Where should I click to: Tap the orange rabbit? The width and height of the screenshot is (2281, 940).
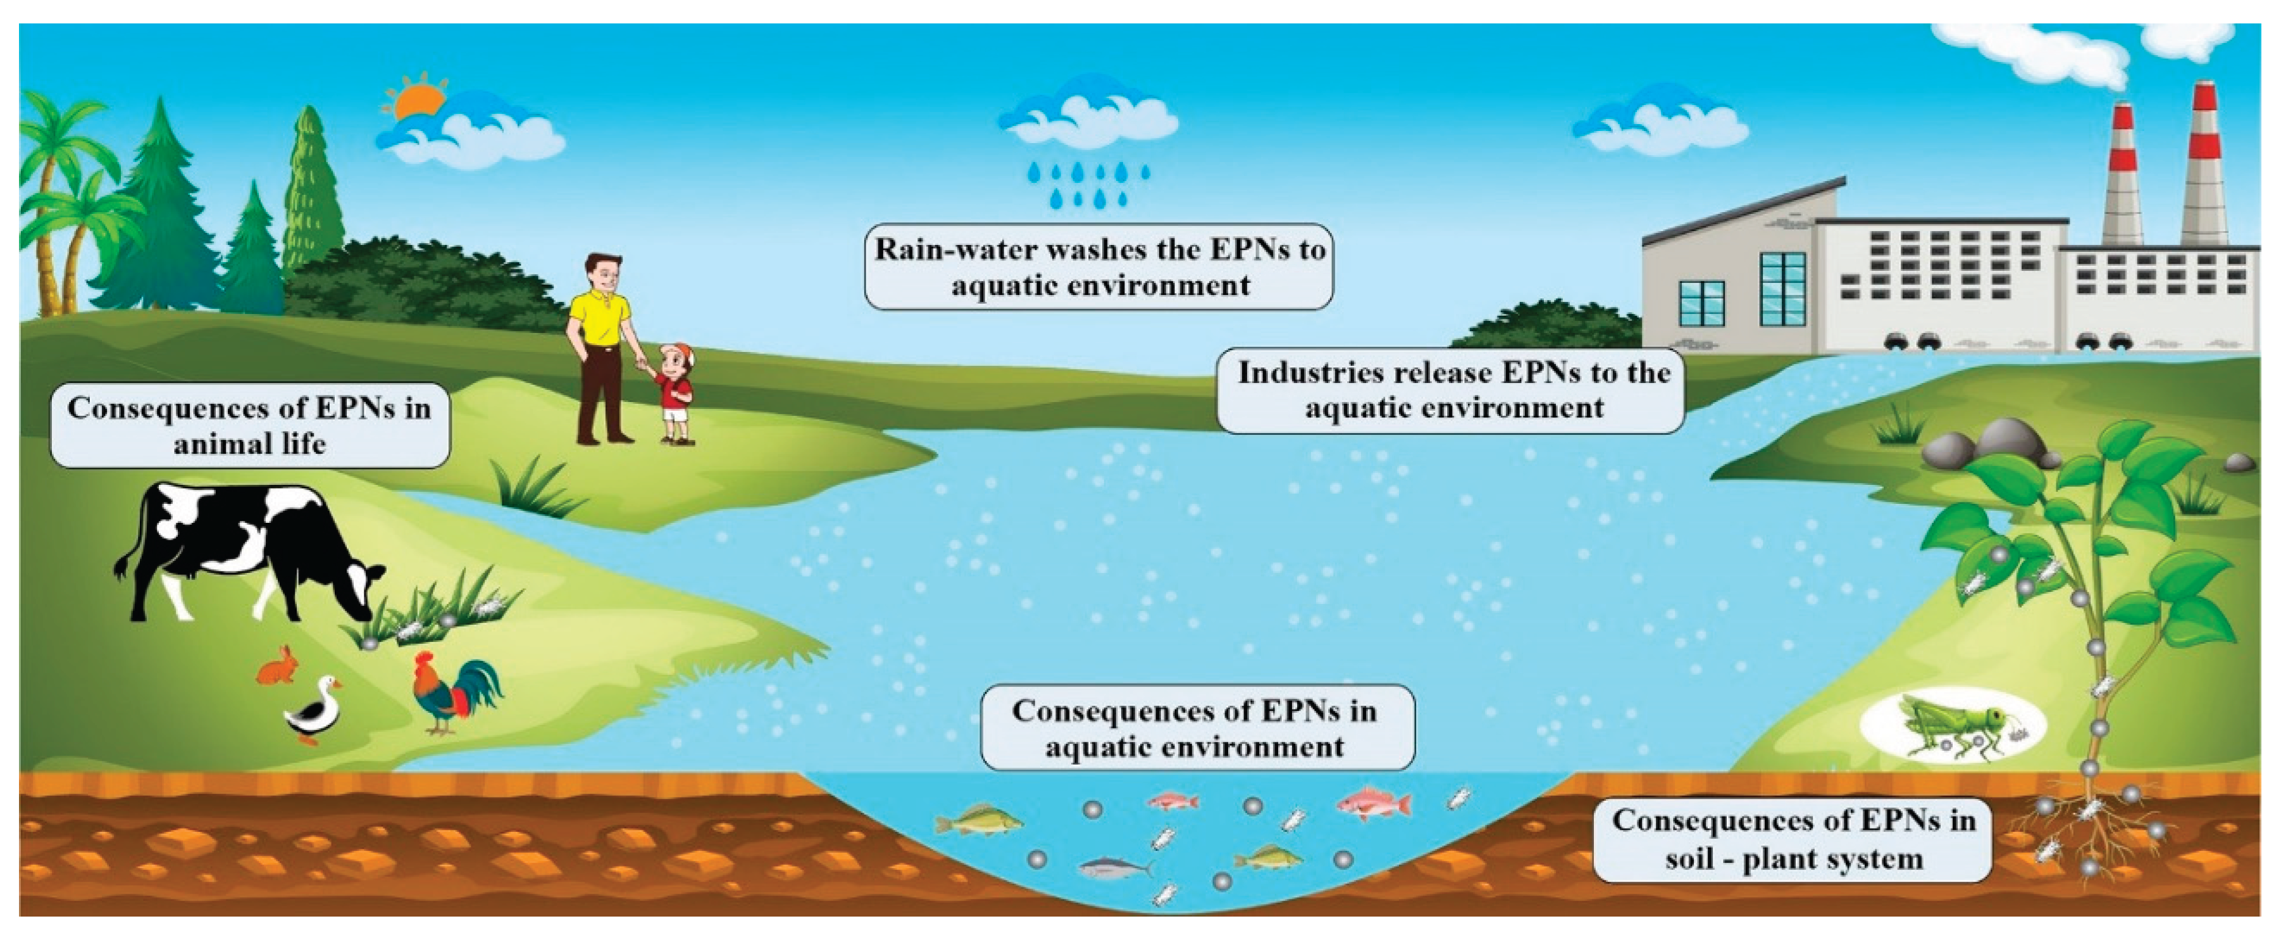point(279,667)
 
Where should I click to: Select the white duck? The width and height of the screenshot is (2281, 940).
point(314,713)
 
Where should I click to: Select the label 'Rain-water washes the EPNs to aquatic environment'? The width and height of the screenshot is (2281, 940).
point(1098,266)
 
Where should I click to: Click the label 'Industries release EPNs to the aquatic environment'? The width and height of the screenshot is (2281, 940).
point(1452,390)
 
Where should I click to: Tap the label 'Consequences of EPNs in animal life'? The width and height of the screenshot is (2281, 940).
point(250,425)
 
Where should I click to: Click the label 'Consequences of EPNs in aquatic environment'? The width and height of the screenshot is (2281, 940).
point(1195,727)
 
